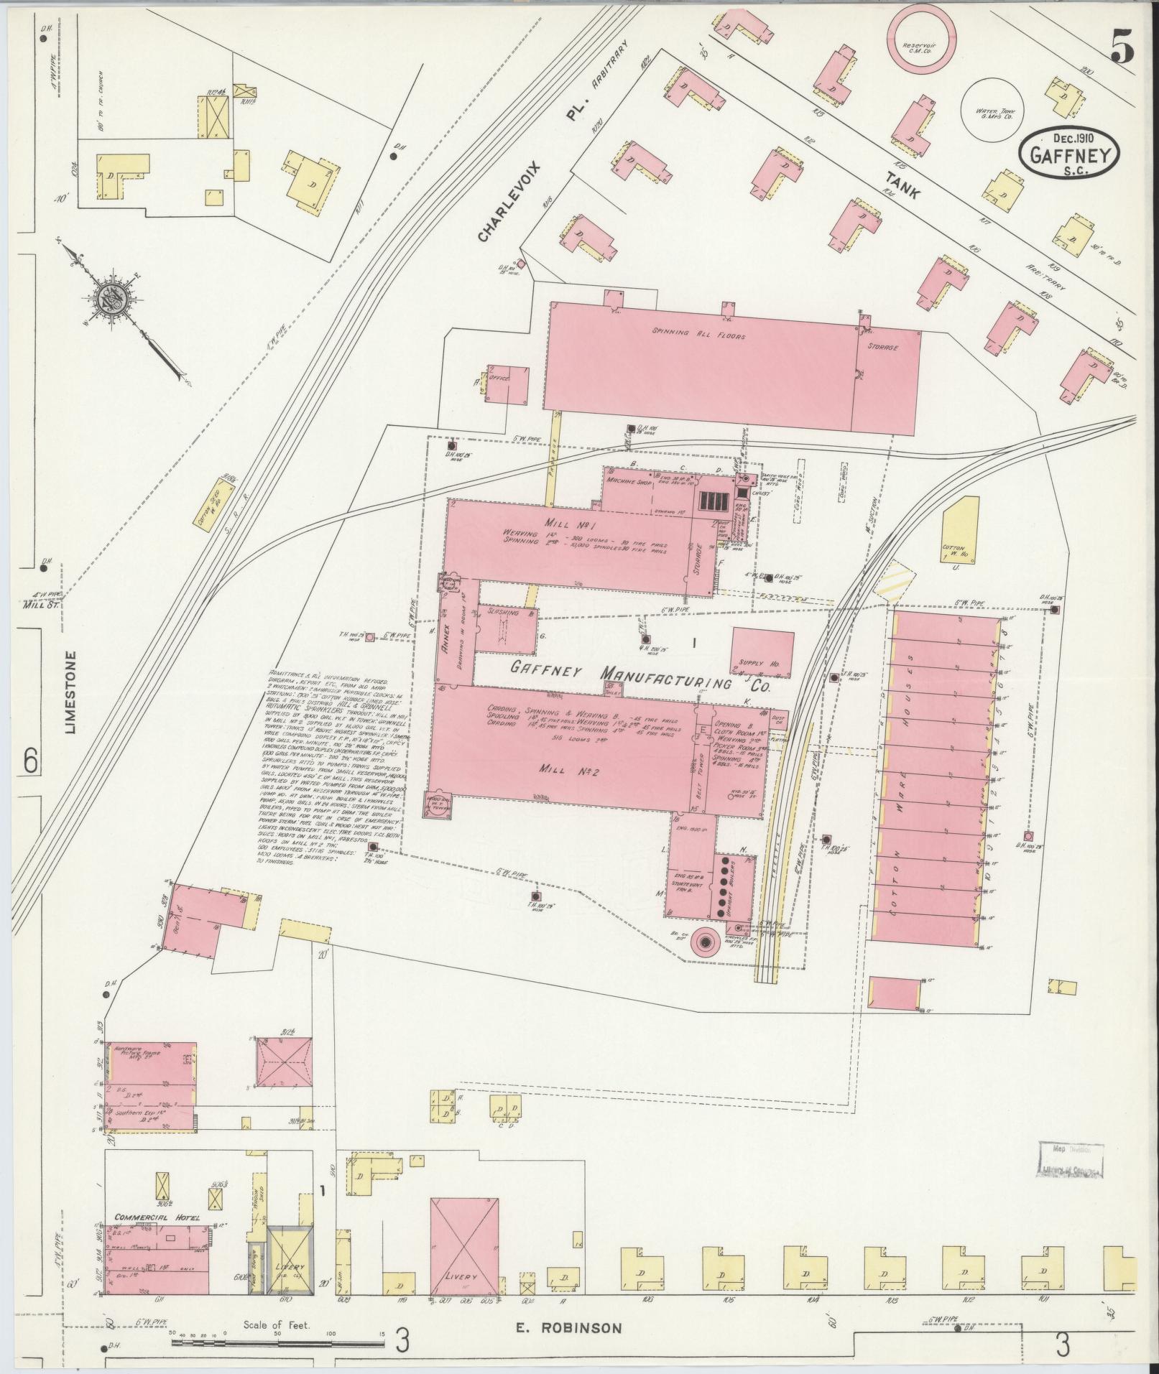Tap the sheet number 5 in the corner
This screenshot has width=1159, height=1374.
(1122, 50)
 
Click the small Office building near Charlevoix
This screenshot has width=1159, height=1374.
(508, 385)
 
